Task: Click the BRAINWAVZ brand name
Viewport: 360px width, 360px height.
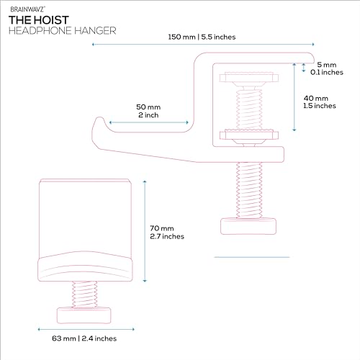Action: pos(27,9)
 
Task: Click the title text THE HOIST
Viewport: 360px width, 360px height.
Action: pos(39,20)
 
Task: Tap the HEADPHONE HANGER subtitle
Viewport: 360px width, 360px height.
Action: pos(63,31)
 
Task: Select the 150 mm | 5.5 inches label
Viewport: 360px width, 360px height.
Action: pos(202,37)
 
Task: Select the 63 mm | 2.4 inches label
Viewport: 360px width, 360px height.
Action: pos(84,338)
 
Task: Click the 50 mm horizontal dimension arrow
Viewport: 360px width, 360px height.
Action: pos(149,122)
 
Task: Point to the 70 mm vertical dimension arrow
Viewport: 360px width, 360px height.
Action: pos(145,231)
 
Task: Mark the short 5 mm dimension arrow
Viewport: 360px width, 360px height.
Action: pos(304,68)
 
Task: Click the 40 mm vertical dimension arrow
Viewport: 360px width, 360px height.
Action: pos(294,97)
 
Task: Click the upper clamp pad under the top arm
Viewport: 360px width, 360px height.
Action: pos(249,78)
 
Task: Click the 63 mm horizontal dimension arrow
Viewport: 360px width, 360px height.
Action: pos(86,329)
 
